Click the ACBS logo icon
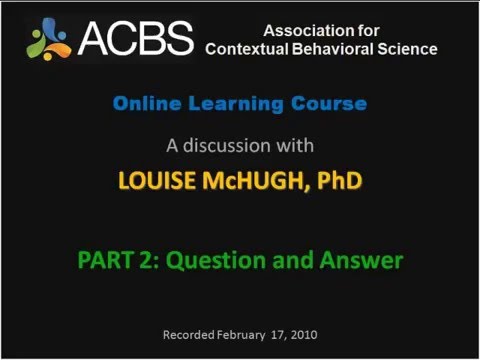coord(49,37)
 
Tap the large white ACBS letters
coord(135,38)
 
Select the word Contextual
coord(248,49)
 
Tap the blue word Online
coord(144,103)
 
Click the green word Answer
coord(360,261)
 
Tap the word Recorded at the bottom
coord(189,334)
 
